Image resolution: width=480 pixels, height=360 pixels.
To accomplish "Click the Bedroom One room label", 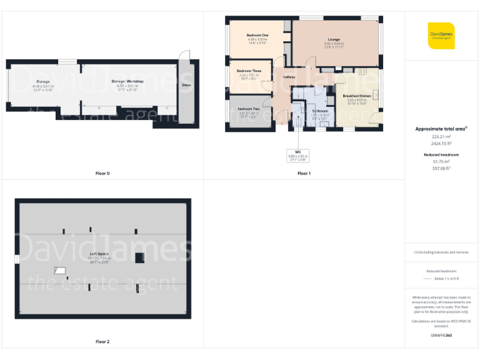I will [257, 35].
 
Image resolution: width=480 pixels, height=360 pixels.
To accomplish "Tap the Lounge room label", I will [334, 39].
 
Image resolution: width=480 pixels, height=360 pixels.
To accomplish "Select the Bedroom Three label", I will [249, 71].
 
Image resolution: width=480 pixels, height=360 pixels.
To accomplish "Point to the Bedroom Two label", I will [248, 109].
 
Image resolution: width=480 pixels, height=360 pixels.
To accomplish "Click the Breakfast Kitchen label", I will [357, 96].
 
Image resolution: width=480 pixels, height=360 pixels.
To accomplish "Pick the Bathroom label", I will [321, 111].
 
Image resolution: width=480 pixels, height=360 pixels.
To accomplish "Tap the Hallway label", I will [289, 77].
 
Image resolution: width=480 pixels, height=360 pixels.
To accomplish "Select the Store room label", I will [186, 85].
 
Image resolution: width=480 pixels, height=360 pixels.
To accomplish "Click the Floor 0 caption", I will [103, 173].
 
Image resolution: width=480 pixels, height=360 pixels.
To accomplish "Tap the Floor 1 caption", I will [304, 173].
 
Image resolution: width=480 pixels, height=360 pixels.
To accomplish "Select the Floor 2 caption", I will [102, 342].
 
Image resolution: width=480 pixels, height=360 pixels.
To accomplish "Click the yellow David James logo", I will [441, 36].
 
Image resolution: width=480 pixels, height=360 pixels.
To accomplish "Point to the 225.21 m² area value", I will [441, 136].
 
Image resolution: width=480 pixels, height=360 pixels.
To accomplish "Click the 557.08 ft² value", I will [441, 167].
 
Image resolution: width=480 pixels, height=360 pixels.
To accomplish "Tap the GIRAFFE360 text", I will [441, 336].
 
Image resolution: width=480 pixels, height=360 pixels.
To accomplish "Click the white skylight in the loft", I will [61, 271].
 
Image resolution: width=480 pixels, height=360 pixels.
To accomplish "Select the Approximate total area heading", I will [441, 129].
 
